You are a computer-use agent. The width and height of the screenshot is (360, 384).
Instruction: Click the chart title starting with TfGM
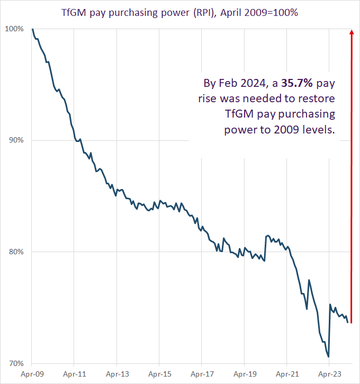[180, 12]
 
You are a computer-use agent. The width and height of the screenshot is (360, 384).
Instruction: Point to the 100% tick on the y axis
[15, 29]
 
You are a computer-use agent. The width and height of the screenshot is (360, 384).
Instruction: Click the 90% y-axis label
[16, 140]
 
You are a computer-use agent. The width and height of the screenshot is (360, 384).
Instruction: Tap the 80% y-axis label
[16, 252]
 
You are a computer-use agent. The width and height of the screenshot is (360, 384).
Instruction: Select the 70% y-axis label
[16, 364]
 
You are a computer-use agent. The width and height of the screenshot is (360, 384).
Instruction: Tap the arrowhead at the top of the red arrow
[351, 32]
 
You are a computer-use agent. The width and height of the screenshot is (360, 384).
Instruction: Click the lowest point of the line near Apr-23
[328, 356]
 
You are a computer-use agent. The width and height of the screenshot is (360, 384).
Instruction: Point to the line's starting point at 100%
[32, 29]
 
